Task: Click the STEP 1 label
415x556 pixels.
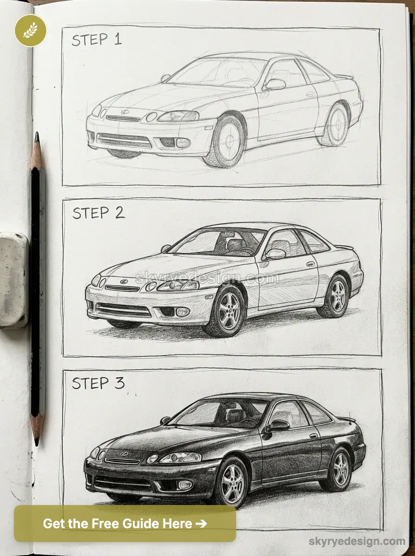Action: click(96, 40)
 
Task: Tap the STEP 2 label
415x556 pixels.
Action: click(98, 213)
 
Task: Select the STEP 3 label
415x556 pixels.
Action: click(98, 383)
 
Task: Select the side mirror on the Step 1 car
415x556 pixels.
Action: click(275, 84)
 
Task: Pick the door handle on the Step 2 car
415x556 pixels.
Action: click(310, 264)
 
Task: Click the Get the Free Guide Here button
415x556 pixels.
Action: click(125, 524)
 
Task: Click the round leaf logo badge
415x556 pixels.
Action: click(30, 31)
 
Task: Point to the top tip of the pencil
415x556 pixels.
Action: click(37, 135)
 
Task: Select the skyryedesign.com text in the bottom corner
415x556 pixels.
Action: click(357, 541)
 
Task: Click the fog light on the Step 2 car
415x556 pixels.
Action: click(182, 311)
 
